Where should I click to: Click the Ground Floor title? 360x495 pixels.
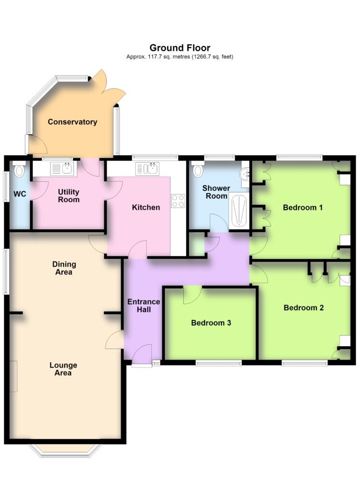pos(180,48)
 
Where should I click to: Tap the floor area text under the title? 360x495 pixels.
pos(180,57)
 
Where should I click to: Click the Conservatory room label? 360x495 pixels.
pos(72,122)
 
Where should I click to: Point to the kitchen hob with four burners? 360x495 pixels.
pos(178,201)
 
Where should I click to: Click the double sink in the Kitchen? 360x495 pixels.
pos(147,169)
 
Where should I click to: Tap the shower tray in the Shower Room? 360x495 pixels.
pos(239,211)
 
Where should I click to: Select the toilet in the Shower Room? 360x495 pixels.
pos(198,170)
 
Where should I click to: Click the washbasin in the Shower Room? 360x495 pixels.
pos(245,174)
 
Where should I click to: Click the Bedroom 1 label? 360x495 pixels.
pos(302,207)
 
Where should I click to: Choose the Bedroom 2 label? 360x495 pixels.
pos(303,307)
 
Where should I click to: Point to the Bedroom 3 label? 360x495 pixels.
pos(211,322)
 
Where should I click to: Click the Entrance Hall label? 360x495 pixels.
pos(144,306)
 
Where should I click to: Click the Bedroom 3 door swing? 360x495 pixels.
pos(192,295)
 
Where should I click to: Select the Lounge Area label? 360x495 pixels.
pos(63,369)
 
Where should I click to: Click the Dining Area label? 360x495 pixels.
pos(64,268)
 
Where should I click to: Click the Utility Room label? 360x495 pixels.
pos(69,196)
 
